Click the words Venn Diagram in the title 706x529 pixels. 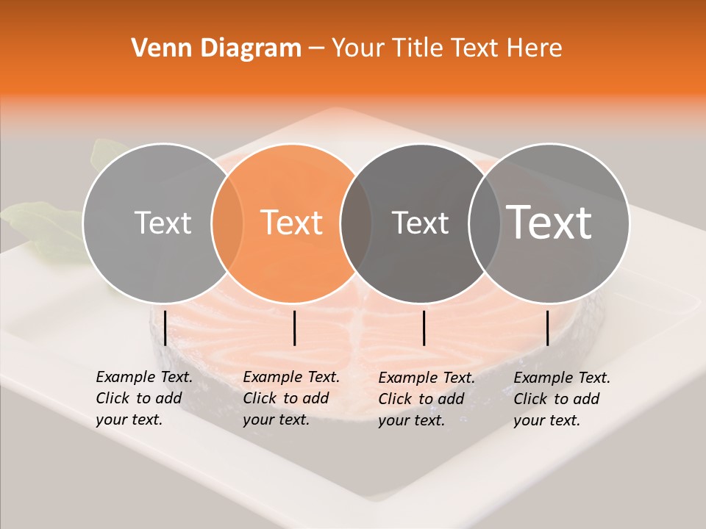coord(215,48)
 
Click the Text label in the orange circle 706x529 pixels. coord(292,223)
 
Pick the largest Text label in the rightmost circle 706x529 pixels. coord(549,222)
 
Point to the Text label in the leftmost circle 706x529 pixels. coord(163,223)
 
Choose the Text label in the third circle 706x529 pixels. coord(420,223)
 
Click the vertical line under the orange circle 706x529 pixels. coord(294,328)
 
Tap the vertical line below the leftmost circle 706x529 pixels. coord(165,328)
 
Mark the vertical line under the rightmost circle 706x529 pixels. coord(547,328)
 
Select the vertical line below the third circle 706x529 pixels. coord(424,328)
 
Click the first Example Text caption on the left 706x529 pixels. coord(143,398)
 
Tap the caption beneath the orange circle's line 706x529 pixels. coord(290,398)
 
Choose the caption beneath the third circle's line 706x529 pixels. coord(426,399)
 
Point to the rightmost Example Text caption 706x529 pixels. coord(561,399)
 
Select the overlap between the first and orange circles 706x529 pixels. coord(227,223)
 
